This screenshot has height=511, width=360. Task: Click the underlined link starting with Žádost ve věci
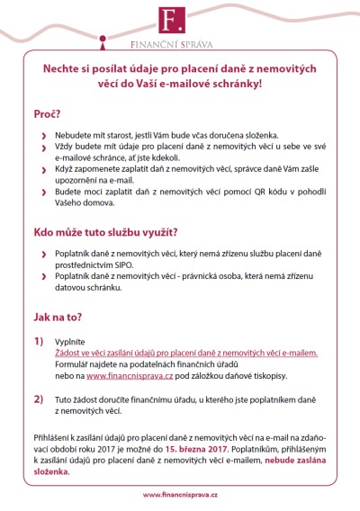point(186,354)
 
